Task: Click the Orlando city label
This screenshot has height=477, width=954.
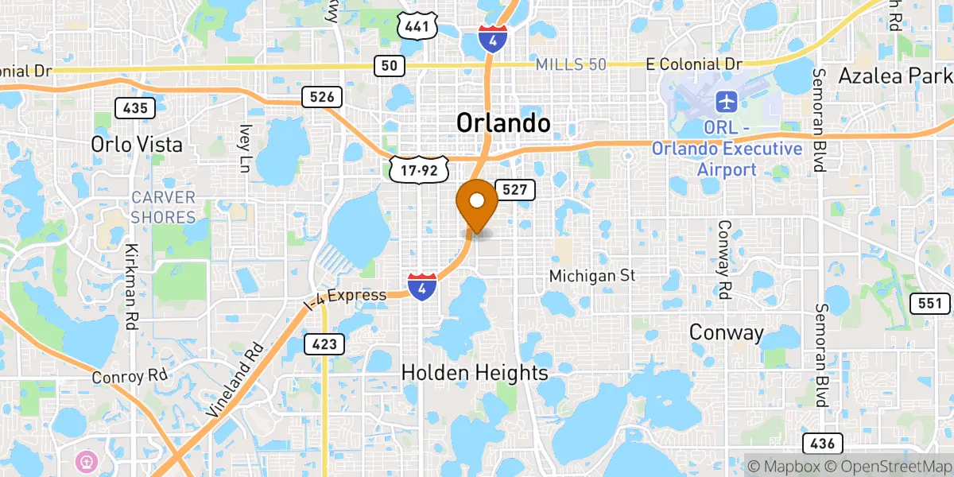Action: pos(502,123)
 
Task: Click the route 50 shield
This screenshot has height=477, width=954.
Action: pos(389,65)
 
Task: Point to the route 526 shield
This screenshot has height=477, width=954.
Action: pos(322,97)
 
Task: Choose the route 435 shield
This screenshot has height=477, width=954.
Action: pos(134,108)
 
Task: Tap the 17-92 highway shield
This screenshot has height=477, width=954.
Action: pos(419,169)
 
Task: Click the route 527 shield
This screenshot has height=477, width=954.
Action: pos(515,189)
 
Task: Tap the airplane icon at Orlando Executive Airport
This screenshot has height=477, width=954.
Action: pos(726,102)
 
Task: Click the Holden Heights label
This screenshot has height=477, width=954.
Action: pos(475,372)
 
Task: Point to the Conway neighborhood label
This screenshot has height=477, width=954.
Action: pos(727,332)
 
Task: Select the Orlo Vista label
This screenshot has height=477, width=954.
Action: pos(137,145)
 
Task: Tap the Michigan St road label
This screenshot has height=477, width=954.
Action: pos(593,275)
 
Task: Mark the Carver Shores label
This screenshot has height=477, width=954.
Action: pos(164,207)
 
